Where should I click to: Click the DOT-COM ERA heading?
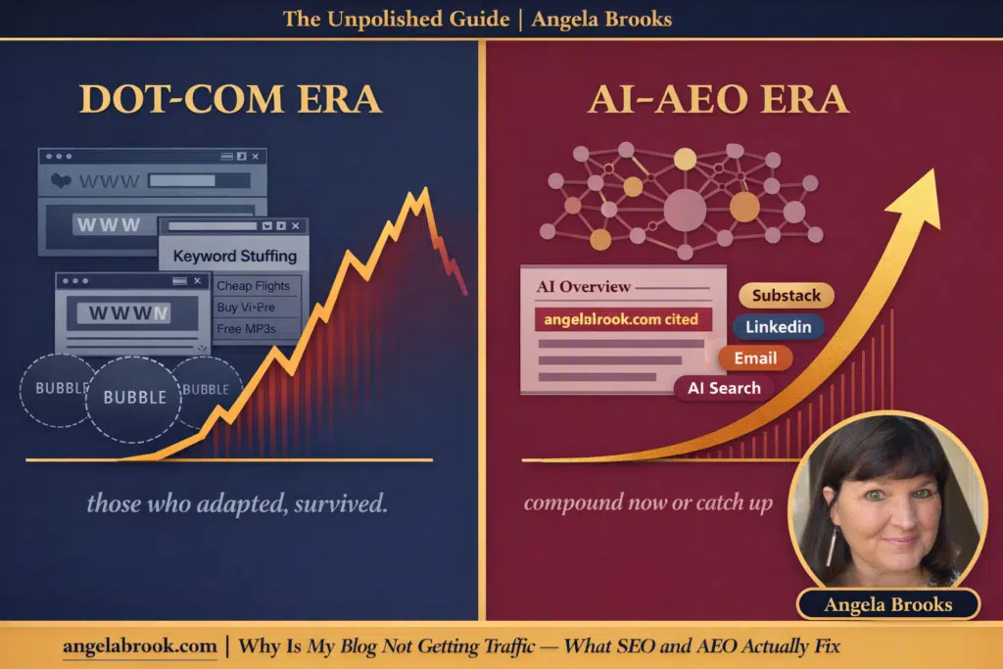pos(231,100)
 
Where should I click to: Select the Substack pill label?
pos(786,296)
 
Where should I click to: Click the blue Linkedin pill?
pos(778,327)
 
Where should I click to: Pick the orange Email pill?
pos(755,358)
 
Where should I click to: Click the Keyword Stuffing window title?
pos(234,256)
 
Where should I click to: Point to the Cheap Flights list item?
pos(253,286)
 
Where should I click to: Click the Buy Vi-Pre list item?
pos(246,307)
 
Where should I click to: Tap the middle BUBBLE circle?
pos(134,398)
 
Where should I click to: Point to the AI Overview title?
pos(584,287)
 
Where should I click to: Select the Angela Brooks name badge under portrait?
pos(888,604)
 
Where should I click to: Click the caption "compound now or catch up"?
pos(647,503)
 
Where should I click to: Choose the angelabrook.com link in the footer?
pos(139,645)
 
